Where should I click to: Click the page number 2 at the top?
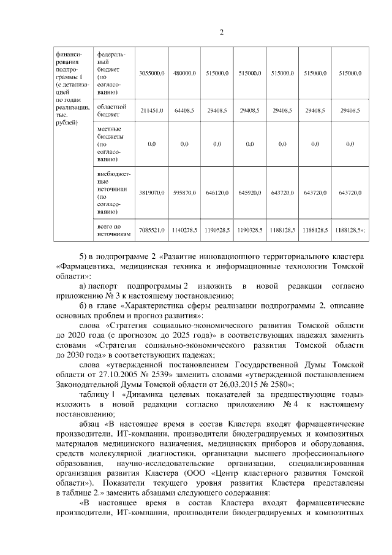coord(222,33)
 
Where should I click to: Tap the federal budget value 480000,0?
coord(184,73)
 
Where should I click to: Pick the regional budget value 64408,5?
coord(184,110)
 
